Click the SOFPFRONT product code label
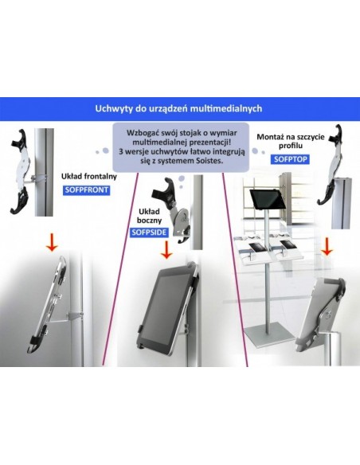point(86,190)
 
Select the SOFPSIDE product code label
point(149,232)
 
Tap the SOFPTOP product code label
point(291,159)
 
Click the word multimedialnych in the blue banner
point(226,108)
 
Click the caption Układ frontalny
point(89,177)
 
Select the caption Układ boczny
point(150,216)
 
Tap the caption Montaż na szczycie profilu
point(291,141)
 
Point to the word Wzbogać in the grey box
point(140,133)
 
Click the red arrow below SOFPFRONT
point(53,242)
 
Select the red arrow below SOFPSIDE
point(166,250)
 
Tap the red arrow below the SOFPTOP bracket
point(327,247)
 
